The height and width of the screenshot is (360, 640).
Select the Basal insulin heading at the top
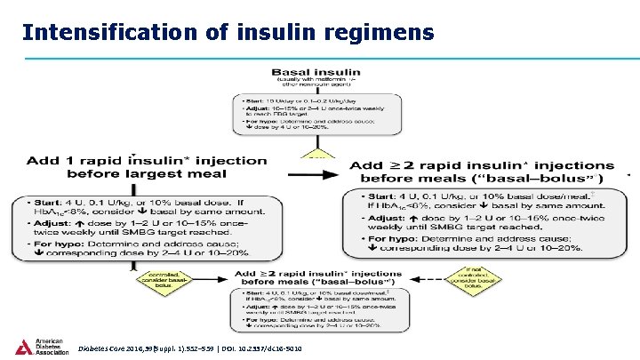coord(304,70)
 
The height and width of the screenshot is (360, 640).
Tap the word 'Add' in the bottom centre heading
coord(245,273)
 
